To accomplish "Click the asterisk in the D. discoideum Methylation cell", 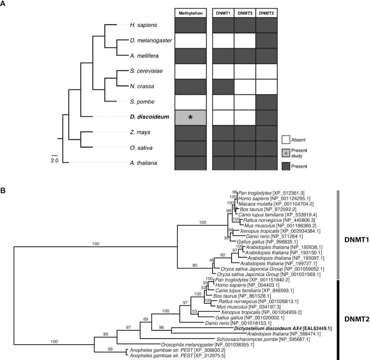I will coord(190,117).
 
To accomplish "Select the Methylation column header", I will coord(190,13).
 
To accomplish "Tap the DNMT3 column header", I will coord(245,13).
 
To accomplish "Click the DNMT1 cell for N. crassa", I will coord(223,86).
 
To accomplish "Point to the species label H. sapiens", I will coord(144,25).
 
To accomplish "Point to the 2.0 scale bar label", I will coord(55,160).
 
